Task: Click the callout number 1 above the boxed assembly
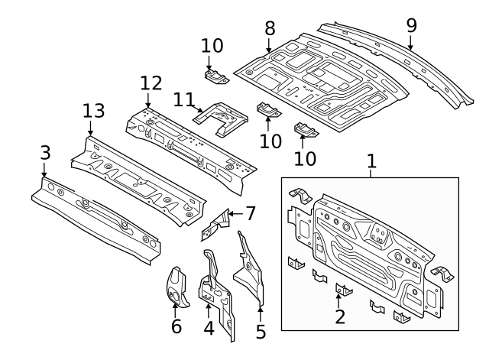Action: [371, 161]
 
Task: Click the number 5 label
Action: [261, 332]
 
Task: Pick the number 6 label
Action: [176, 326]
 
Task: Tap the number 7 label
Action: [250, 212]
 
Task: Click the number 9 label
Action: [411, 24]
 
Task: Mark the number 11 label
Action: [183, 99]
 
